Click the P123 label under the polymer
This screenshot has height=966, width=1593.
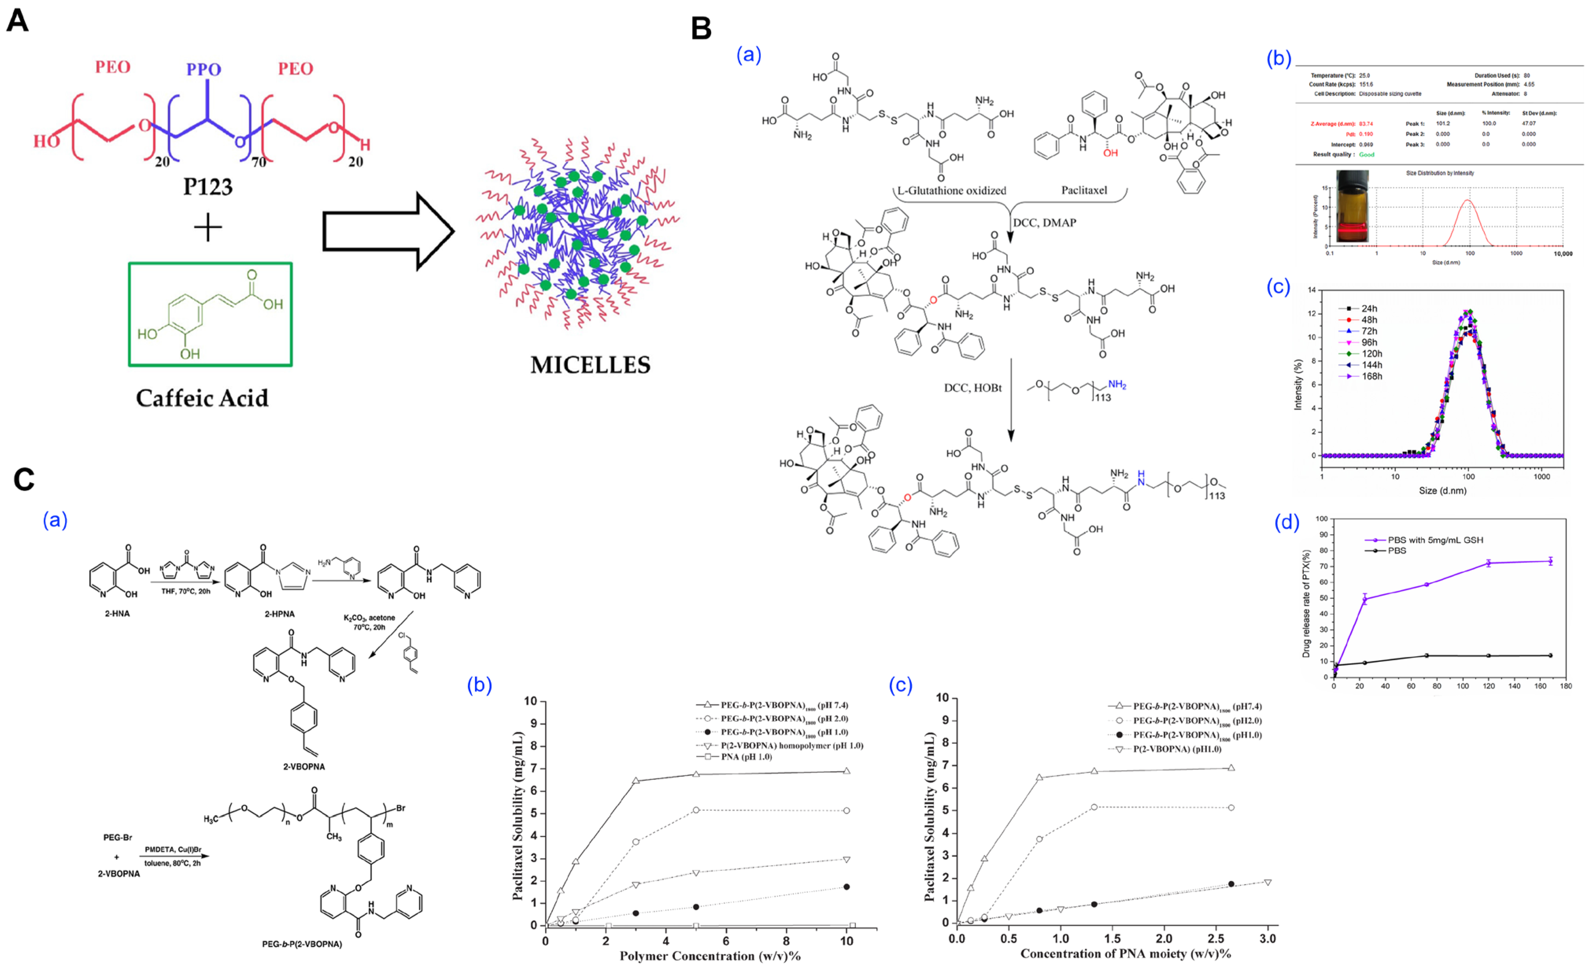[x=207, y=187]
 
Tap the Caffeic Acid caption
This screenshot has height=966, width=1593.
[x=202, y=398]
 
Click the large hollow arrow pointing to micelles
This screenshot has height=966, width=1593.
[x=388, y=231]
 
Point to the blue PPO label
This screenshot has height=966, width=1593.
[x=204, y=69]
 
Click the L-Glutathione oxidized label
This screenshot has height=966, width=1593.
[x=951, y=191]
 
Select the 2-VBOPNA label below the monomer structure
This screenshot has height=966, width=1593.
[x=304, y=767]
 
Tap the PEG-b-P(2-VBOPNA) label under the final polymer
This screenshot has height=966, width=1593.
[x=302, y=944]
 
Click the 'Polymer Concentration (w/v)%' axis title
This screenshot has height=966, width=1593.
[x=710, y=956]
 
